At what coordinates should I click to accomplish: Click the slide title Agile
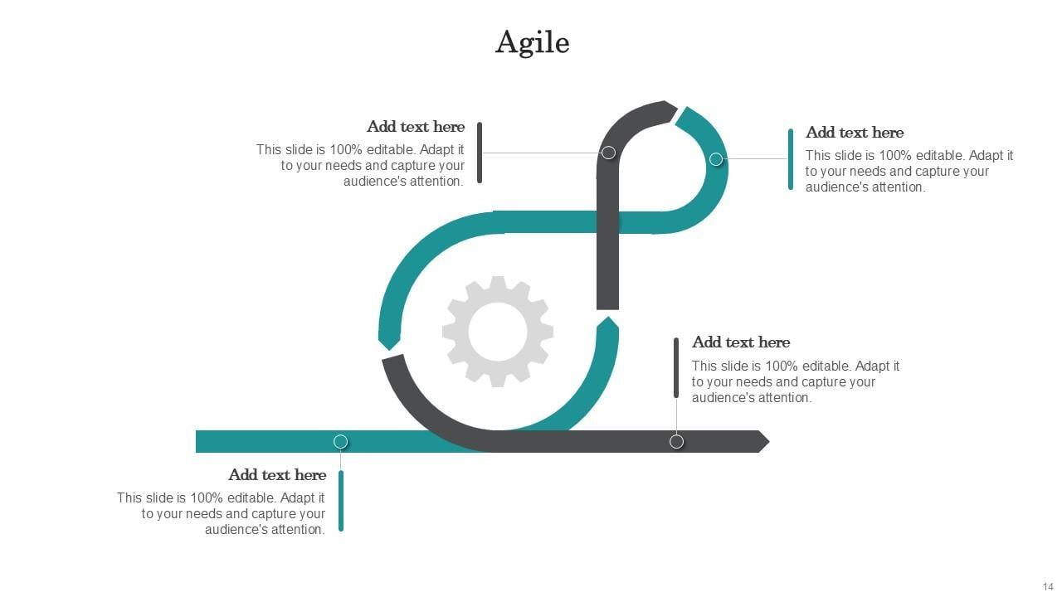[533, 41]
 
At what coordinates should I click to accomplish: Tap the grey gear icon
[498, 331]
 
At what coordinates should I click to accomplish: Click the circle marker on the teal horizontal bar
[340, 441]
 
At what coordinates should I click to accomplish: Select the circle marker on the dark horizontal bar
[676, 441]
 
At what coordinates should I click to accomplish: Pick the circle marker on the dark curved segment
[608, 153]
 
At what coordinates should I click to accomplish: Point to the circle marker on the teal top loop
[716, 159]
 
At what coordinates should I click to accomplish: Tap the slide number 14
[1048, 586]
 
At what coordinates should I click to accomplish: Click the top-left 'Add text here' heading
[416, 127]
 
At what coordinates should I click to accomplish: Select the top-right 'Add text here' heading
[855, 133]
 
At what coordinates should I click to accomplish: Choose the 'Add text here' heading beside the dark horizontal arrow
[741, 342]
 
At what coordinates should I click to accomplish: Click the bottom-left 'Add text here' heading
[277, 475]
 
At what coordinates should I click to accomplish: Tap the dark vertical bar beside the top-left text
[480, 153]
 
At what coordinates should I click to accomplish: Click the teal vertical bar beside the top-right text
[791, 159]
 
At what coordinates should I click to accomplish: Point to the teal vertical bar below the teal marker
[341, 501]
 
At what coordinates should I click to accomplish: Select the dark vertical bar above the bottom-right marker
[676, 367]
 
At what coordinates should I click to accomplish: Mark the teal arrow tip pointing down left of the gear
[388, 340]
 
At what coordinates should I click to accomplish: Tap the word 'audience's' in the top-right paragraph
[837, 187]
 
